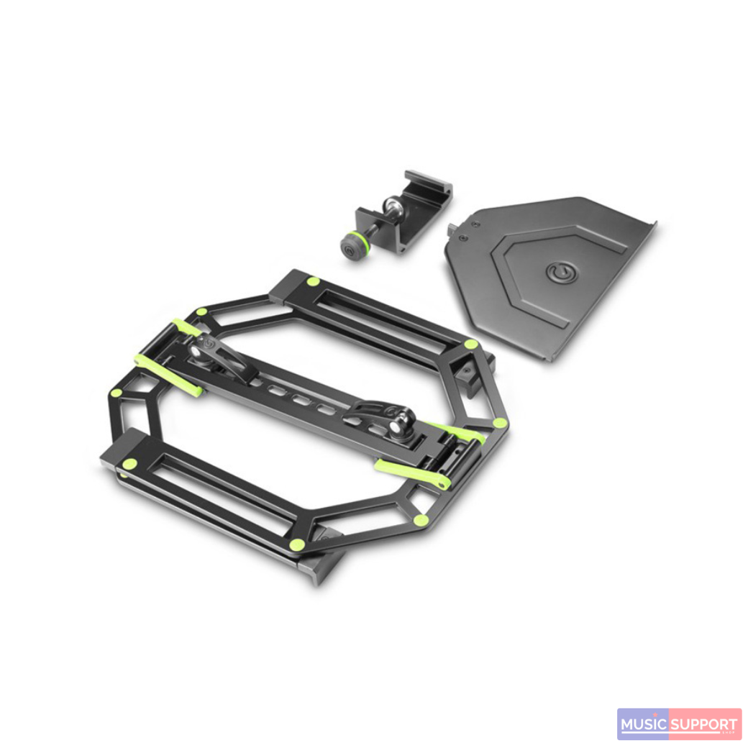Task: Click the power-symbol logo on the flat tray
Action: [557, 271]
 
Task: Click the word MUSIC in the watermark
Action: [643, 724]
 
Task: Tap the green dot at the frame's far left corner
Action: [115, 393]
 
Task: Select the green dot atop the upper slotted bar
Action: [314, 281]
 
